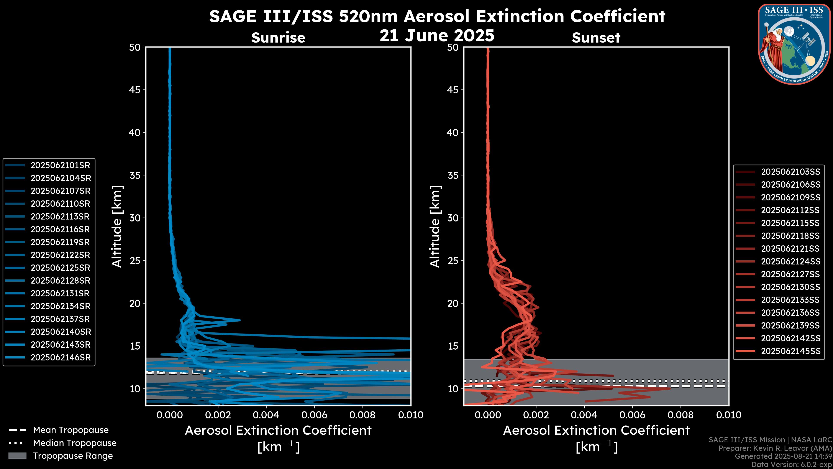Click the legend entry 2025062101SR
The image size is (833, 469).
pos(60,165)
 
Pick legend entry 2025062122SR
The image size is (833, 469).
pos(60,255)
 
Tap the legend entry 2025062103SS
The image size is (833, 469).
pos(790,172)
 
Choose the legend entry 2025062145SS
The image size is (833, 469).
pos(790,351)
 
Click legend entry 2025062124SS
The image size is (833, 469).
pos(790,261)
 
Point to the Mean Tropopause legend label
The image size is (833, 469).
pos(71,430)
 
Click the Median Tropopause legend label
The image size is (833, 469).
pos(74,443)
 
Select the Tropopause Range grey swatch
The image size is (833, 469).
pos(17,456)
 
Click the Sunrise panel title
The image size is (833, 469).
pos(278,38)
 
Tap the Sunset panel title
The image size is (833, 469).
pos(596,38)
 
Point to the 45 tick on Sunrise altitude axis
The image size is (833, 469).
pos(135,90)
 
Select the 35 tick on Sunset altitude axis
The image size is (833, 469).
pos(453,175)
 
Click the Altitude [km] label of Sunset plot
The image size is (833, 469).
pos(435,226)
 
